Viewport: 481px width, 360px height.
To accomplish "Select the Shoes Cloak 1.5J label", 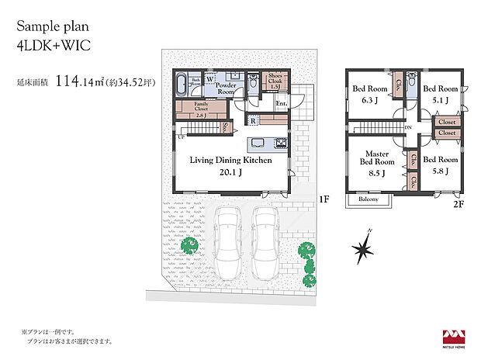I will pyautogui.click(x=275, y=81).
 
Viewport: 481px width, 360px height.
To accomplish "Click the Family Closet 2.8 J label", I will pyautogui.click(x=201, y=109).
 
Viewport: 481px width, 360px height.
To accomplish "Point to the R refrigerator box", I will pyautogui.click(x=254, y=120).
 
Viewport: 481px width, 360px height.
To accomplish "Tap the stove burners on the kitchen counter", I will pyautogui.click(x=280, y=144).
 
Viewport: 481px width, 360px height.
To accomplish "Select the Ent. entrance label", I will pyautogui.click(x=281, y=103).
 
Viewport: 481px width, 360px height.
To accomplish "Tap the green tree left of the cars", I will pyautogui.click(x=189, y=247).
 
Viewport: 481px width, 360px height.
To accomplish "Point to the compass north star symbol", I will pyautogui.click(x=365, y=248).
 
